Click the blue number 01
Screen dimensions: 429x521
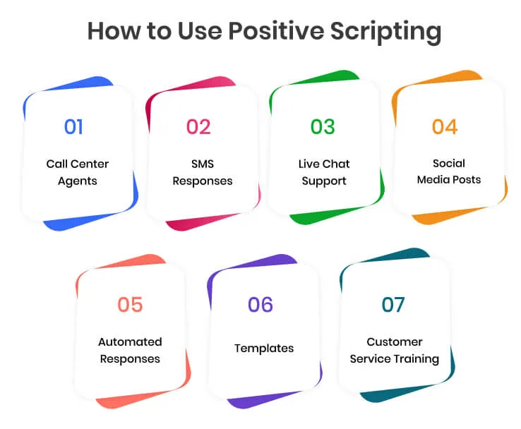73,126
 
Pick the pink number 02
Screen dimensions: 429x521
198,126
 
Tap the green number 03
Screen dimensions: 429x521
323,126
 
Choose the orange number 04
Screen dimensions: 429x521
445,126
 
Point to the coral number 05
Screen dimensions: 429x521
130,304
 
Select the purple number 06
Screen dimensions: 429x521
260,304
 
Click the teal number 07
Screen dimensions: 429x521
393,304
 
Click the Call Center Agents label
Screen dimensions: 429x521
78,172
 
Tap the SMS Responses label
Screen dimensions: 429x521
202,172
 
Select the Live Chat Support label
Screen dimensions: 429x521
324,172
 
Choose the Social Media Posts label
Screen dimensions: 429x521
449,171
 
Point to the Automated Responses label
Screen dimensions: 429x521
130,350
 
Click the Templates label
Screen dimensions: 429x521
264,348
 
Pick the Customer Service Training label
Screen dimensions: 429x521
395,350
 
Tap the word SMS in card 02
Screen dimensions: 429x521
202,164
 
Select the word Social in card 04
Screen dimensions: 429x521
449,163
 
